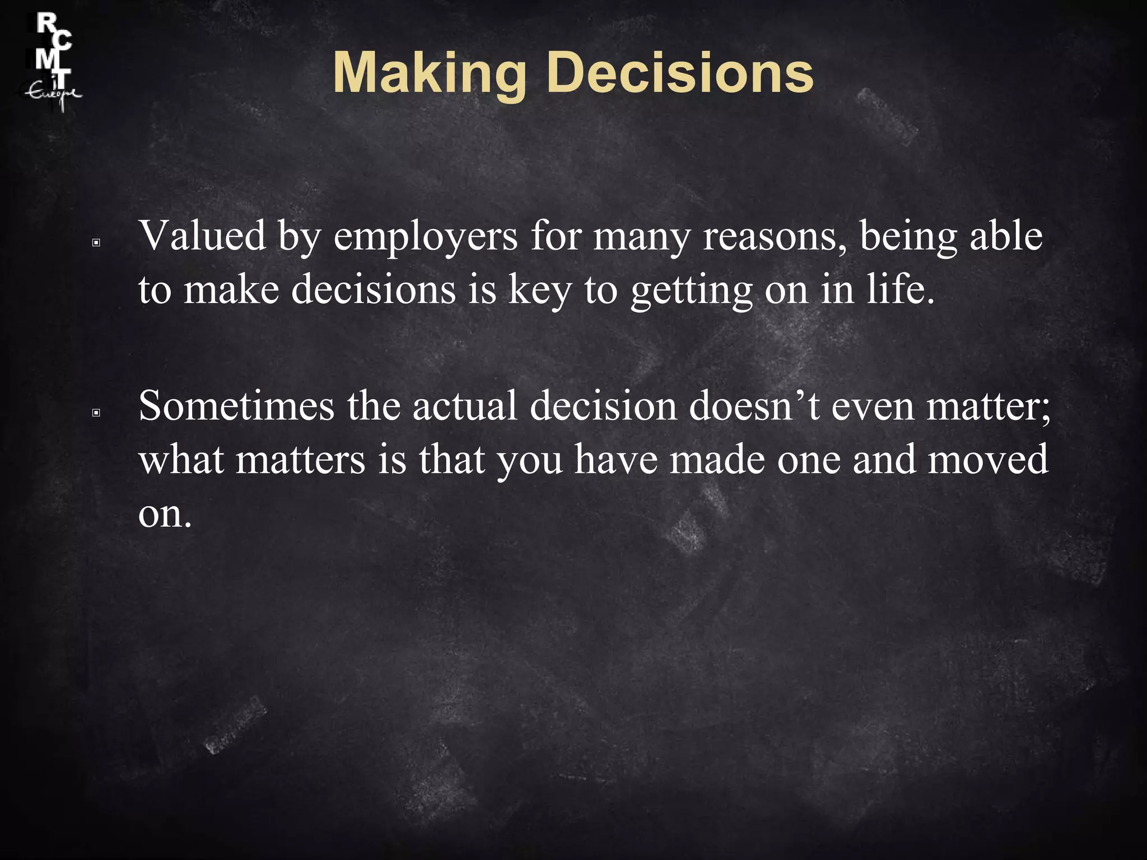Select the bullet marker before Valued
pos(96,243)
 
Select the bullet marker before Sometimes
pos(96,413)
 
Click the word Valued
pos(202,236)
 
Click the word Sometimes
pos(236,405)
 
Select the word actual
pos(464,405)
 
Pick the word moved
pos(988,460)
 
